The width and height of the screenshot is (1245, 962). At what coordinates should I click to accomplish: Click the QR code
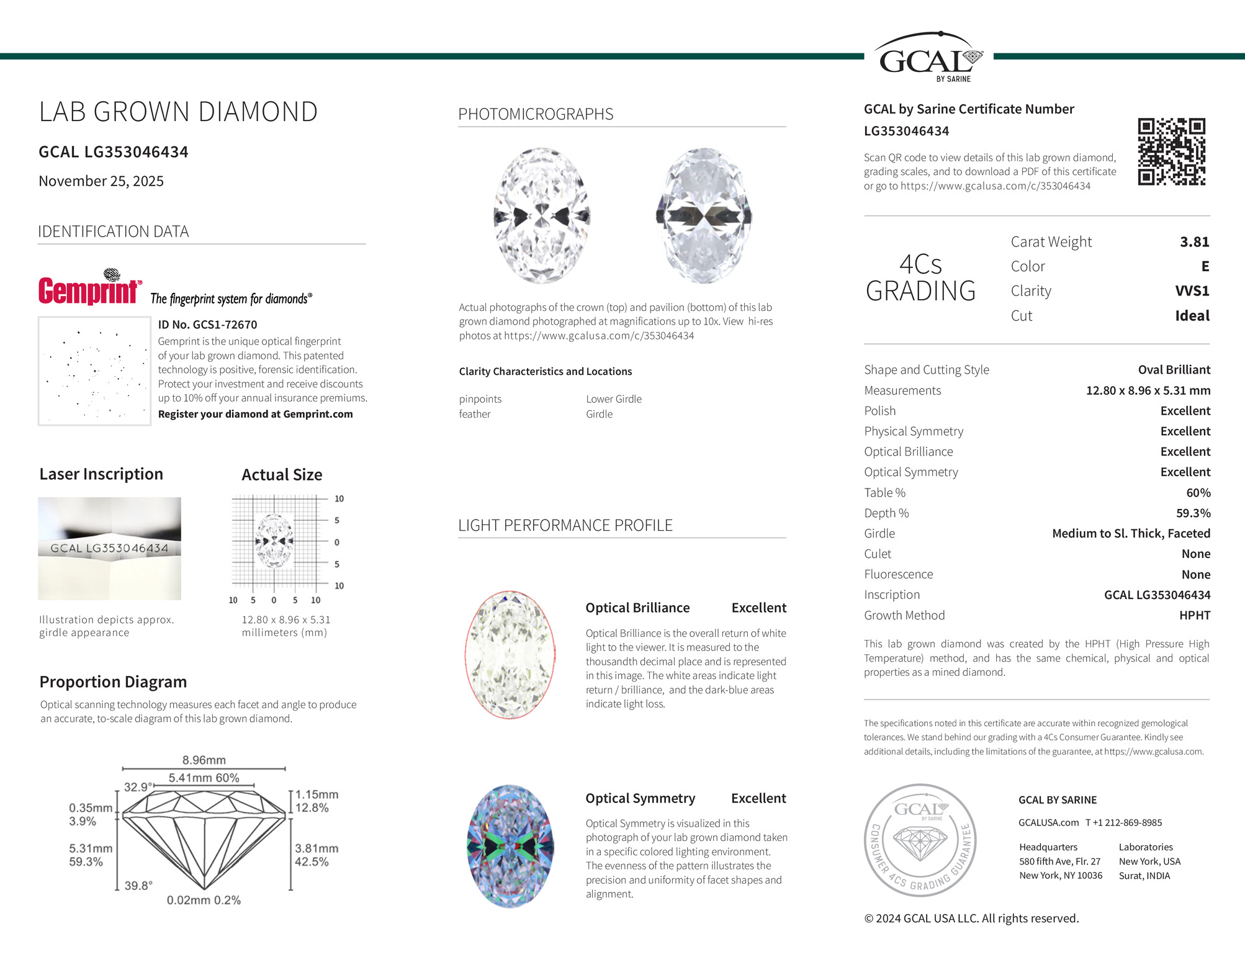[1171, 152]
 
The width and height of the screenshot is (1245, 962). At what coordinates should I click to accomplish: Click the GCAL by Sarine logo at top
[929, 57]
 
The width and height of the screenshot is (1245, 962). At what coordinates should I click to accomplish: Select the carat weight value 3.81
[1194, 242]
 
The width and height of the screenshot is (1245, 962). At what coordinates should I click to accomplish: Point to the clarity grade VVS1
[1192, 291]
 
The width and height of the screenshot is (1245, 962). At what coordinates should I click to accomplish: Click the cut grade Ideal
[1192, 316]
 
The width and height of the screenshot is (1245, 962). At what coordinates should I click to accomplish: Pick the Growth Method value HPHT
[1194, 616]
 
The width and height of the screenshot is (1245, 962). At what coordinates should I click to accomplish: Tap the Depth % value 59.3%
[1193, 513]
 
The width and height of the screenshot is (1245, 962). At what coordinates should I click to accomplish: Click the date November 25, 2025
[101, 181]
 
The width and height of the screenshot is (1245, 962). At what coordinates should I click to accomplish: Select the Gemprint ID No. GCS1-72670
[207, 325]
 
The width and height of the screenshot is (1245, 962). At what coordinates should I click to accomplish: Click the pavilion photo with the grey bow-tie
[704, 216]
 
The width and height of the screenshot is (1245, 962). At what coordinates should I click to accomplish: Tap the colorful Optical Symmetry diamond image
[510, 847]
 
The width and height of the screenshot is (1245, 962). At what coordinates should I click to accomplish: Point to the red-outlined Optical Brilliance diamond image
[510, 655]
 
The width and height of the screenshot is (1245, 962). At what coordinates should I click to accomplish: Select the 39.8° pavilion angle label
[138, 886]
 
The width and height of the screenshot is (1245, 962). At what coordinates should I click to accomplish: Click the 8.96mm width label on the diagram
[204, 760]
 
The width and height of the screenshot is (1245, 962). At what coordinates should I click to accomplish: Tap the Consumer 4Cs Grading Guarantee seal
[920, 840]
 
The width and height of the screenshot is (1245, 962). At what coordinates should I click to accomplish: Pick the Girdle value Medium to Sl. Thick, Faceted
[1131, 534]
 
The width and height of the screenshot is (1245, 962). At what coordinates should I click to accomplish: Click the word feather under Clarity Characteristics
[475, 414]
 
